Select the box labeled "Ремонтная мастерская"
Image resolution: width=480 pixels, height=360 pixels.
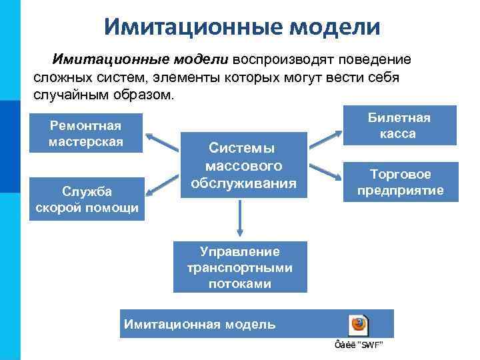tap(86, 133)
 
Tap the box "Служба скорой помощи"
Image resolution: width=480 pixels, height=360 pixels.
tap(87, 199)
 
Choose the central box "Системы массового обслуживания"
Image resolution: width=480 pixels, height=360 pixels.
tap(243, 165)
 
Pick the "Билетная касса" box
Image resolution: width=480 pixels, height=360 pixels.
tap(399, 125)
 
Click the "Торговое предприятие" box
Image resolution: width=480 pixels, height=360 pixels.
tap(400, 182)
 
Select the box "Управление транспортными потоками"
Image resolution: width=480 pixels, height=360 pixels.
tap(240, 267)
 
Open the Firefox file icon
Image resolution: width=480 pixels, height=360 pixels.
tap(359, 325)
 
